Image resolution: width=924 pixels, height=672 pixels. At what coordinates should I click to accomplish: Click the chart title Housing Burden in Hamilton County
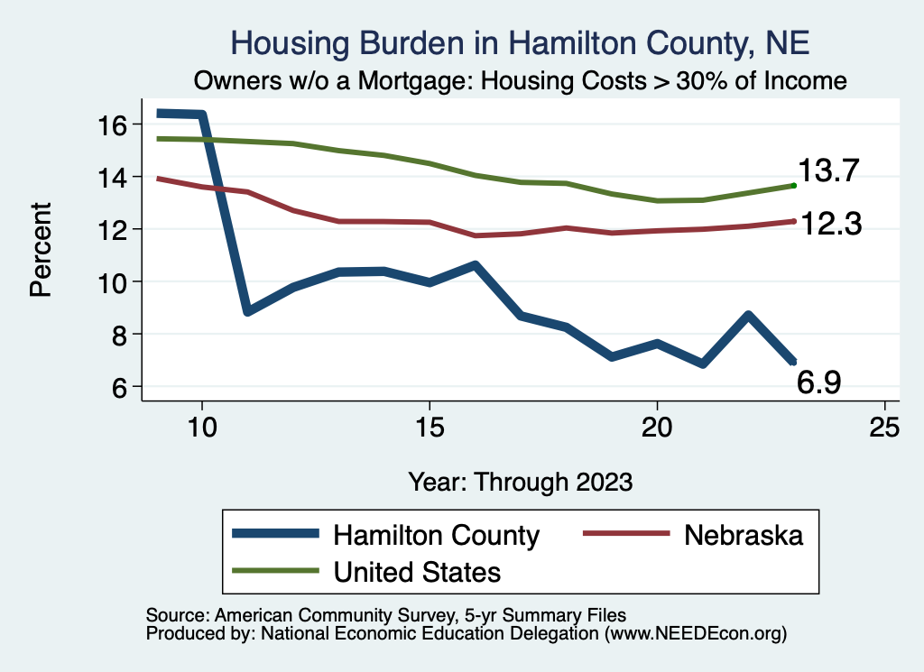point(521,42)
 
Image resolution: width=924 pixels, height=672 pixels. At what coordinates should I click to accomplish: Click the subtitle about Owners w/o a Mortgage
point(521,80)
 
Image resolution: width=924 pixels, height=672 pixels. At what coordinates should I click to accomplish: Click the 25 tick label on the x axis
point(884,427)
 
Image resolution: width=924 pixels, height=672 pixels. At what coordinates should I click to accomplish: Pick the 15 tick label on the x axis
point(429,427)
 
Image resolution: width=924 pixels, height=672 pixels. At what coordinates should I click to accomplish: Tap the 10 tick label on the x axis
point(201,427)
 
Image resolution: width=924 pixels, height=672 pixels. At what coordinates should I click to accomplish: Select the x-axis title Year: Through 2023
point(520,481)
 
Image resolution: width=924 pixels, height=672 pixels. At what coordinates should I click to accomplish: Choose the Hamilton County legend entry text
point(437,535)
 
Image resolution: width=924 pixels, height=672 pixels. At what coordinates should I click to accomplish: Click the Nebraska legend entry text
point(744,535)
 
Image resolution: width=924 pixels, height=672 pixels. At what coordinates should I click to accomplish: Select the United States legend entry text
point(417,571)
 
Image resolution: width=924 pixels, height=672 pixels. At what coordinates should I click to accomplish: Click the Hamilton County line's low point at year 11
point(247,311)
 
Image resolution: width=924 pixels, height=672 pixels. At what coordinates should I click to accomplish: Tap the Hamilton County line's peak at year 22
point(748,316)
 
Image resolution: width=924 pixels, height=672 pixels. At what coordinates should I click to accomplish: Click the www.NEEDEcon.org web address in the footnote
point(694,634)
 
